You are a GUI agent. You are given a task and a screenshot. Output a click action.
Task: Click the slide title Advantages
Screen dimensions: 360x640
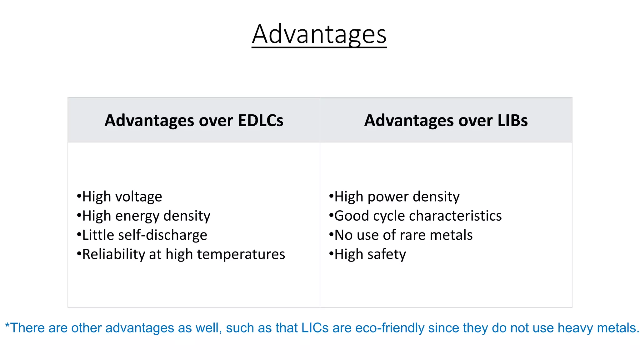coord(319,34)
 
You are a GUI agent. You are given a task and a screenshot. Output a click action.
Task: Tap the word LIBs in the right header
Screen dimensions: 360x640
coord(512,121)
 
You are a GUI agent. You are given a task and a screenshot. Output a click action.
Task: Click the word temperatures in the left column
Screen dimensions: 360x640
coord(241,254)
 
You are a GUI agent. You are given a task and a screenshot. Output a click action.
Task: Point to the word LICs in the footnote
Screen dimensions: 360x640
coord(315,328)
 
